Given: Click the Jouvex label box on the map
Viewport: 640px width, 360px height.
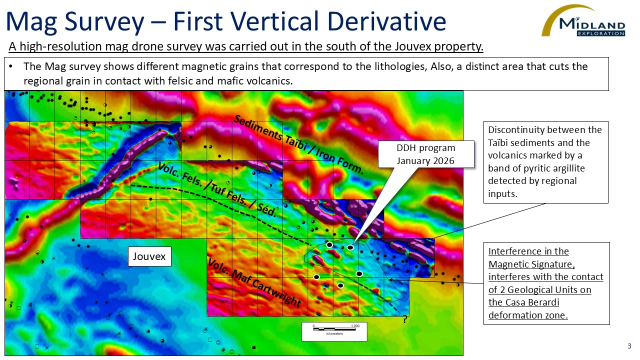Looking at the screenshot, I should (x=149, y=257).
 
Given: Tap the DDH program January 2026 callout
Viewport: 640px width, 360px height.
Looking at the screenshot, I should (x=425, y=154).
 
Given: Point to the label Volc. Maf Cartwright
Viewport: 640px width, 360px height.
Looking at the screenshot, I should (x=254, y=283).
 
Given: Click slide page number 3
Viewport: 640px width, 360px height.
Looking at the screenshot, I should (x=629, y=346).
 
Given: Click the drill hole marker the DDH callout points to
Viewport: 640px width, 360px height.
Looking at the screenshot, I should (x=350, y=247).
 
